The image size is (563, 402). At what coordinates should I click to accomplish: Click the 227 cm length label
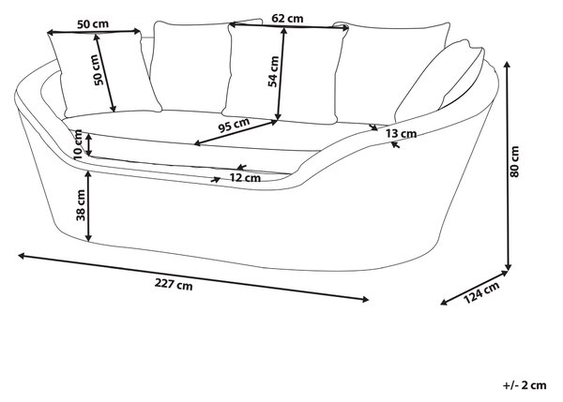174,284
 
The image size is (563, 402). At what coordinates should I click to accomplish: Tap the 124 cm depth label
482,292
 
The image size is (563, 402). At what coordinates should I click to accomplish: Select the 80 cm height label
514,161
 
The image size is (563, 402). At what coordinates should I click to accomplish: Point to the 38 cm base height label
81,205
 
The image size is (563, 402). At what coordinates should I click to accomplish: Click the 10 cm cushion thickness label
78,144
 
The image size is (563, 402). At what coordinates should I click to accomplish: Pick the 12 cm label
245,178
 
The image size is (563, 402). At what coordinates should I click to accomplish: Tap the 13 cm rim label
401,134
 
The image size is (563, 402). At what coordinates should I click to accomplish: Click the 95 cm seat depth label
234,126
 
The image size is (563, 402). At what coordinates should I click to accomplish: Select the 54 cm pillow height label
273,71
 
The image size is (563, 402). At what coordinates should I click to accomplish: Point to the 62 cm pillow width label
287,18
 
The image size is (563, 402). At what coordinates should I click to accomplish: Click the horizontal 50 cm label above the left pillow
93,24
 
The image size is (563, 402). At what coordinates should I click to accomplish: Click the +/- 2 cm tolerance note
525,385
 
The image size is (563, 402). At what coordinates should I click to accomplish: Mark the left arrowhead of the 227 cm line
22,256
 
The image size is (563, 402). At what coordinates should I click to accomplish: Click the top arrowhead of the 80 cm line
507,65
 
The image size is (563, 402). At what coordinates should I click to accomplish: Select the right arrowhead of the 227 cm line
366,300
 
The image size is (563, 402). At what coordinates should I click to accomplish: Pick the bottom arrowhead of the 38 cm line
88,237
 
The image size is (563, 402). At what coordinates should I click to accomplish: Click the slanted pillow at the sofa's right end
442,79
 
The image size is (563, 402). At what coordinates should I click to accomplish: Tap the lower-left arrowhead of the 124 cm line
444,303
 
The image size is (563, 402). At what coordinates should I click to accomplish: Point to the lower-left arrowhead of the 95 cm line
197,143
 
